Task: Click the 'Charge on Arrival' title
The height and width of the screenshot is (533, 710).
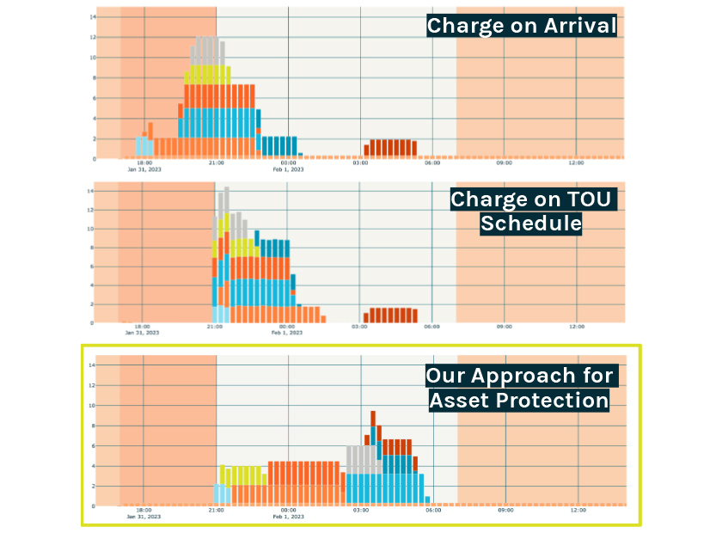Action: (x=522, y=26)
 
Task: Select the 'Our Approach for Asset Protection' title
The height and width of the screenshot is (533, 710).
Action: (x=520, y=388)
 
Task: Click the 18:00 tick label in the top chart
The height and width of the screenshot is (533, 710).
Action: (x=144, y=163)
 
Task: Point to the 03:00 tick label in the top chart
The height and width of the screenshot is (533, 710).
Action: (x=360, y=163)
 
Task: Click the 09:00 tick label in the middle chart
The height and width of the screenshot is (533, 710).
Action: (x=504, y=327)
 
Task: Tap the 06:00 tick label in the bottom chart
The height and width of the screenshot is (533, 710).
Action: (x=432, y=510)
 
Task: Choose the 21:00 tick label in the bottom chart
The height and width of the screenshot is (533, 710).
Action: (x=216, y=510)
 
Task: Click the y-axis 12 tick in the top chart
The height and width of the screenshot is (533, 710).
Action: (x=91, y=38)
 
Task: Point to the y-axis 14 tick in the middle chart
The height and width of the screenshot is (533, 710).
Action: (x=91, y=191)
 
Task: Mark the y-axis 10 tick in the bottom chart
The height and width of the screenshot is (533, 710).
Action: (x=91, y=405)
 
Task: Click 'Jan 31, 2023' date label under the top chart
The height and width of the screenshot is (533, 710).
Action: (x=144, y=169)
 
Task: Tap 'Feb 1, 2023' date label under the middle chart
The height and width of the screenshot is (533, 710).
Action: (x=289, y=333)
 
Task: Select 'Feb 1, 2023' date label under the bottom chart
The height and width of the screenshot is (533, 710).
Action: (x=289, y=516)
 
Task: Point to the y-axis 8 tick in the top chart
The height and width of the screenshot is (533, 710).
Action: (x=92, y=78)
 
